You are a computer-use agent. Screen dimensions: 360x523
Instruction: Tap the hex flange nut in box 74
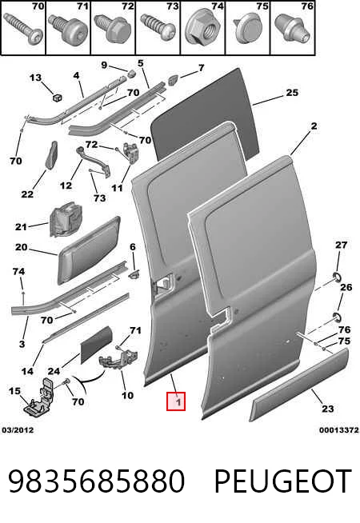[202, 29]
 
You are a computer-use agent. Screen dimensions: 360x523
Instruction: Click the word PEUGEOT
[283, 481]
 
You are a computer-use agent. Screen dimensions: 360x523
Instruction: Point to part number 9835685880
[96, 481]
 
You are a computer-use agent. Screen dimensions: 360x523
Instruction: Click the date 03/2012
[18, 430]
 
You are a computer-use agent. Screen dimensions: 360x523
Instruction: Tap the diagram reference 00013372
[339, 430]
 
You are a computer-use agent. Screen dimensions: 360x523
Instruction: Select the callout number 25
[292, 93]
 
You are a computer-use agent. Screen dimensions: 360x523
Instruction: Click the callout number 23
[328, 409]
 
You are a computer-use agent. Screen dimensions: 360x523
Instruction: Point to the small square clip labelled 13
[58, 98]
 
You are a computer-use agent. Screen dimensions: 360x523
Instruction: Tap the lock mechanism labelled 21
[66, 219]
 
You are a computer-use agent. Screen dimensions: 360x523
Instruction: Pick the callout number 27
[341, 246]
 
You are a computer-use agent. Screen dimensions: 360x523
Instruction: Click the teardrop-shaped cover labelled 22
[51, 155]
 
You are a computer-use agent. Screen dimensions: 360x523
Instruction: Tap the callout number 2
[314, 126]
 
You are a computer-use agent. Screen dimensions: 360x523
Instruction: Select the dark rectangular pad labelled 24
[97, 345]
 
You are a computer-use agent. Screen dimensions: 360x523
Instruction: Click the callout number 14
[27, 371]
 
